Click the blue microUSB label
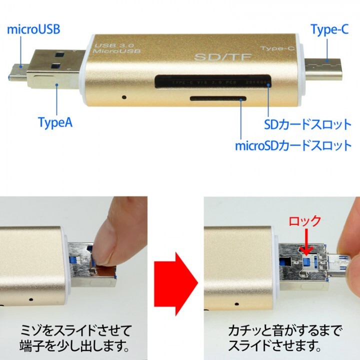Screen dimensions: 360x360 coord(33,28)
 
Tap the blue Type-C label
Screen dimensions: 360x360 coord(329,29)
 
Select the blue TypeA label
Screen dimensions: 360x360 coord(55,122)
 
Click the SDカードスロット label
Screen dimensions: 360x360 coord(307,123)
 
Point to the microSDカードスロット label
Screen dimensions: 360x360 coord(293,146)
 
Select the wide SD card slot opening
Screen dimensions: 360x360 coord(213,79)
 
